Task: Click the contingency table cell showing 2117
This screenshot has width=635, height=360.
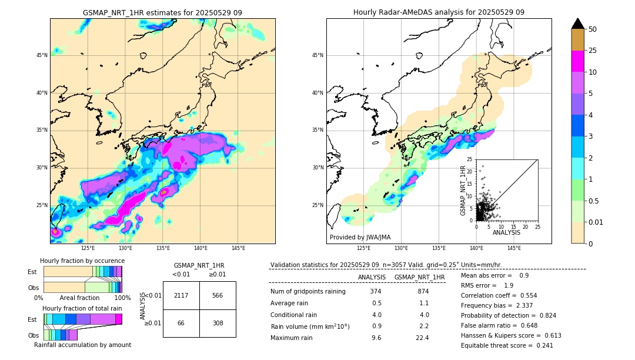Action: coord(181,295)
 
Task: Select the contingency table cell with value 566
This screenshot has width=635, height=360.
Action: coord(217,295)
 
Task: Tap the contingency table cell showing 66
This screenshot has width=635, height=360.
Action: coord(181,323)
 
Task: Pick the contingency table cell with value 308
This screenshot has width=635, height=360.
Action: coord(217,323)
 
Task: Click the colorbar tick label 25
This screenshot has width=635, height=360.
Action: coord(593,51)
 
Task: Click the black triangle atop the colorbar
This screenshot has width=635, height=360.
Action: coord(577,24)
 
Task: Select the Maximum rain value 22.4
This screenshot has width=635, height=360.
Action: coord(422,338)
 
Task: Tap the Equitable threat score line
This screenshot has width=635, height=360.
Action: coord(499,345)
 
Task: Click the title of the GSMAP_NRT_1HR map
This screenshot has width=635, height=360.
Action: coord(162,12)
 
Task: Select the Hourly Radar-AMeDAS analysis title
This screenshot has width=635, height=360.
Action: coord(439,12)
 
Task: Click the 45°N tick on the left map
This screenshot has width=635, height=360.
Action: coord(42,55)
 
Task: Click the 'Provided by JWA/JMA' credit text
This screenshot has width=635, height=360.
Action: coord(360,237)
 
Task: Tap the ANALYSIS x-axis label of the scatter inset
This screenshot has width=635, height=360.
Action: coord(506,232)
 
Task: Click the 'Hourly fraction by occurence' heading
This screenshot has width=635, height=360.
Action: coord(82,261)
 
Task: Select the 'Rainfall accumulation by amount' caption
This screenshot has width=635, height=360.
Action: coord(82,345)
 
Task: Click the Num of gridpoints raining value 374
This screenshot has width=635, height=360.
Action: coord(376,292)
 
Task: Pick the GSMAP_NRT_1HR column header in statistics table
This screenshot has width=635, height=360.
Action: coord(419,277)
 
